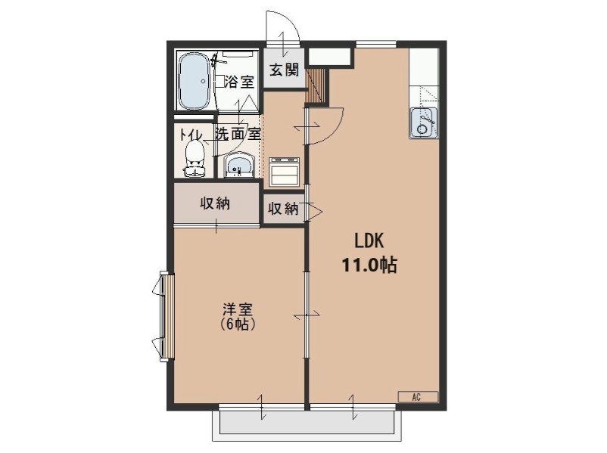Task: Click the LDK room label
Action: (371, 241)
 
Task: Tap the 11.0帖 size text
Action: (371, 265)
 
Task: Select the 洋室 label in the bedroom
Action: (237, 310)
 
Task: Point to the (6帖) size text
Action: (237, 325)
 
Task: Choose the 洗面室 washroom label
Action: (238, 134)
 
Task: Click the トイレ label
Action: (190, 135)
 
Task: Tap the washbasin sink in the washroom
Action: (240, 165)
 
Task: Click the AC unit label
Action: (416, 396)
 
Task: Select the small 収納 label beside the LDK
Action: (283, 209)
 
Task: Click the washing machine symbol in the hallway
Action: (285, 172)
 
